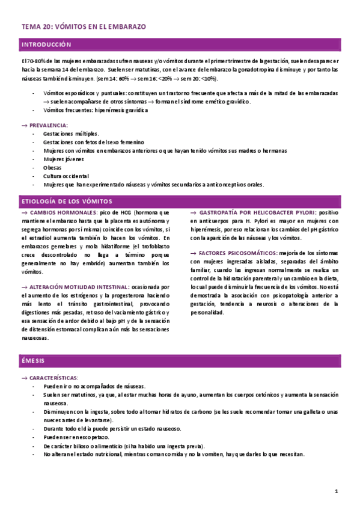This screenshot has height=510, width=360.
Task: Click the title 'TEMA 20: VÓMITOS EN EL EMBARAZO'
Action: [84, 27]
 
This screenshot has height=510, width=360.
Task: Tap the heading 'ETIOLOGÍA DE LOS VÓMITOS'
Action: [66, 201]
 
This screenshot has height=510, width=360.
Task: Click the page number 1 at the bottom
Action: [337, 492]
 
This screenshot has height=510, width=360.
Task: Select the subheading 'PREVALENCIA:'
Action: [48, 124]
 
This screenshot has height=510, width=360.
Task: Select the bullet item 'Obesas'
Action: [52, 167]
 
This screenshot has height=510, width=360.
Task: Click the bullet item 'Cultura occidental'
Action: [66, 176]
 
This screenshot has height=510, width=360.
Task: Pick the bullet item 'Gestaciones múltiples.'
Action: [72, 133]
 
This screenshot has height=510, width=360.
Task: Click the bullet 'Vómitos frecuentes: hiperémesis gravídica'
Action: [95, 110]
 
